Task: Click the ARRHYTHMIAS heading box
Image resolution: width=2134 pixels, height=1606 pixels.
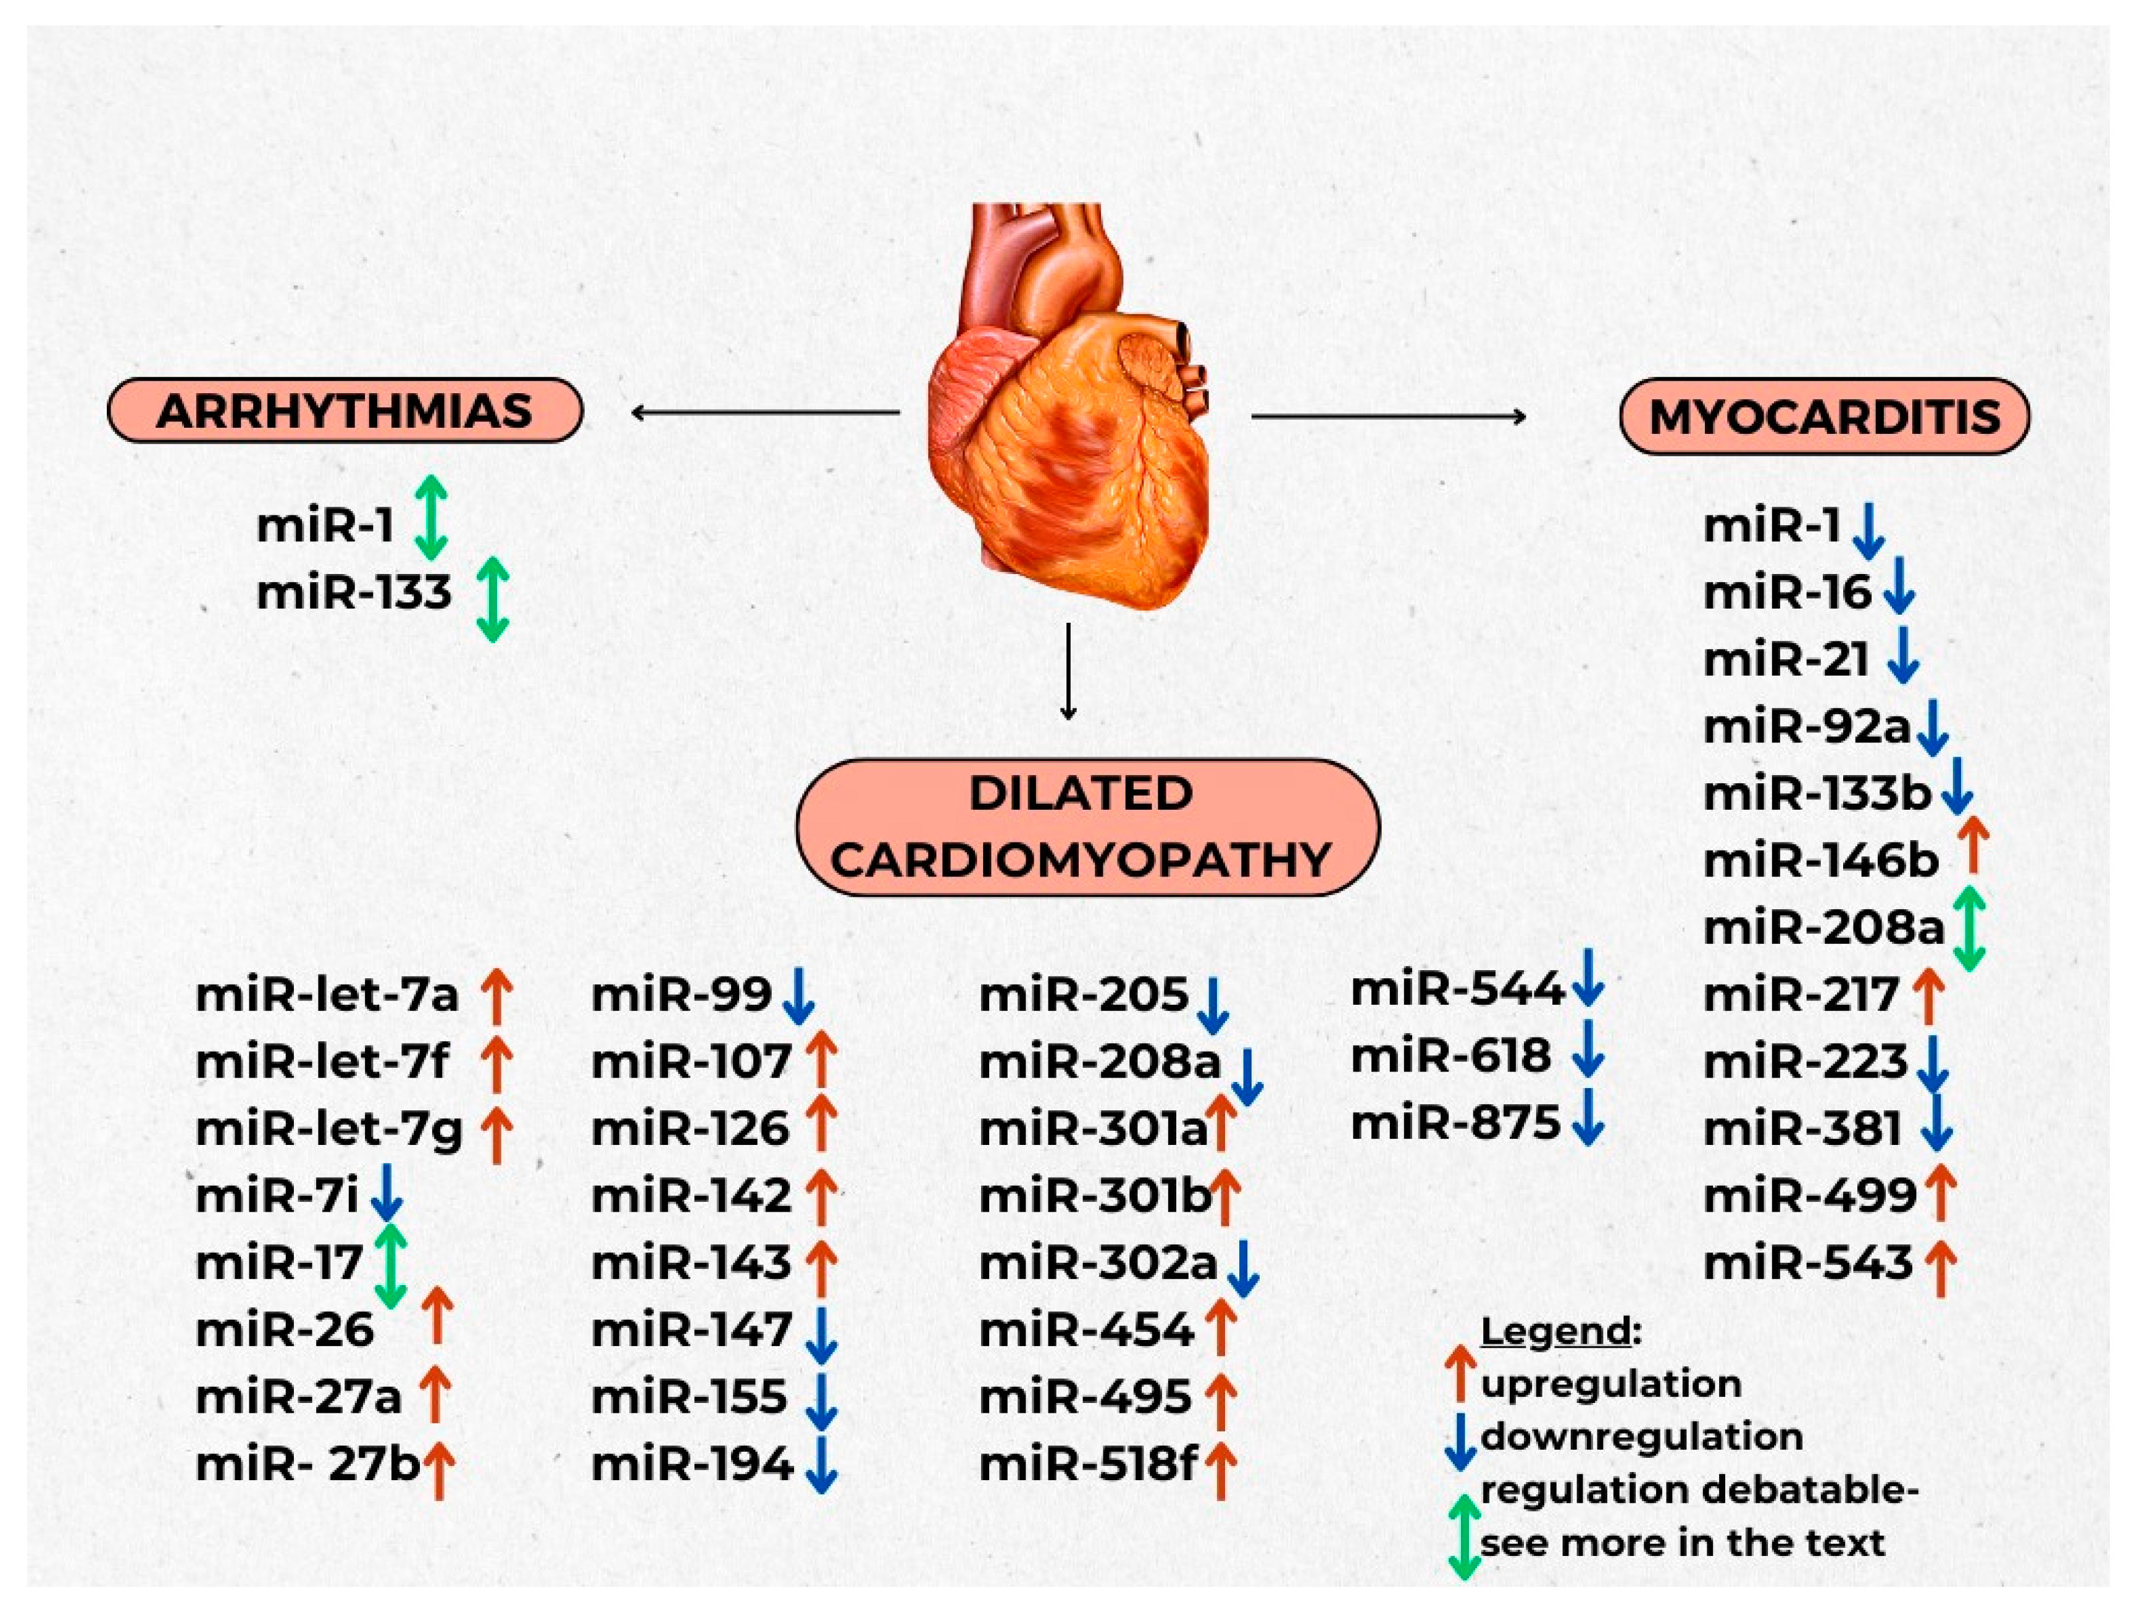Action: click(x=345, y=411)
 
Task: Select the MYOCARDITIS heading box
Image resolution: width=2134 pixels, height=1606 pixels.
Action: click(x=1824, y=417)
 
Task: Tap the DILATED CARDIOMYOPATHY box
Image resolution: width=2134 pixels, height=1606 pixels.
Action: click(x=1087, y=826)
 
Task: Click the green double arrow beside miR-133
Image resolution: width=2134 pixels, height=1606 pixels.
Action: click(x=493, y=599)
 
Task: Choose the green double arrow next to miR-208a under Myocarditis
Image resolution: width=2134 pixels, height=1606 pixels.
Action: click(x=1969, y=928)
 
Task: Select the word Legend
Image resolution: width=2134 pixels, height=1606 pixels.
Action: click(x=1555, y=1332)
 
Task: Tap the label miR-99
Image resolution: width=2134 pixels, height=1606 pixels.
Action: click(x=681, y=994)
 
